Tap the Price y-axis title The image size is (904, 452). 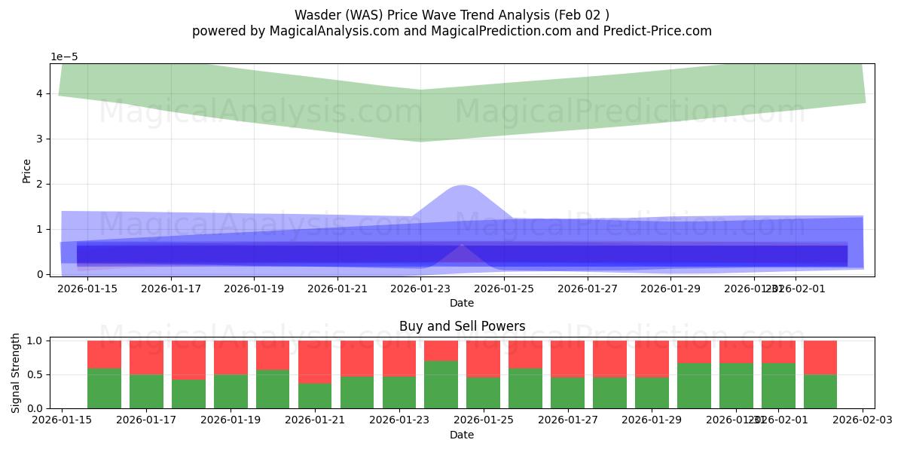[27, 170]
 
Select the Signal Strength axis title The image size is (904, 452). [17, 373]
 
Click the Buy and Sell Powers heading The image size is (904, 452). [462, 326]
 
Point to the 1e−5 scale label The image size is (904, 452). [64, 56]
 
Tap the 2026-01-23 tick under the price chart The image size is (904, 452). [420, 288]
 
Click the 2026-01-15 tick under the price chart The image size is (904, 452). [87, 288]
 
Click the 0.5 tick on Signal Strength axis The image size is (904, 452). [35, 374]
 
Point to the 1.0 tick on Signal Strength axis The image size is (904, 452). [35, 341]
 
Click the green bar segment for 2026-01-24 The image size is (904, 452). [441, 385]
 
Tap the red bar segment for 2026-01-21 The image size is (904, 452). [314, 362]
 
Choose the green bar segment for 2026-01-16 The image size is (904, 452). [104, 389]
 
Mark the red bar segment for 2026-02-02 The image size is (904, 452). [820, 357]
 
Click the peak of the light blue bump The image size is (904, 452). [461, 185]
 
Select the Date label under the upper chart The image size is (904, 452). [462, 303]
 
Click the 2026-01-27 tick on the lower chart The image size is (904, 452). [567, 420]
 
